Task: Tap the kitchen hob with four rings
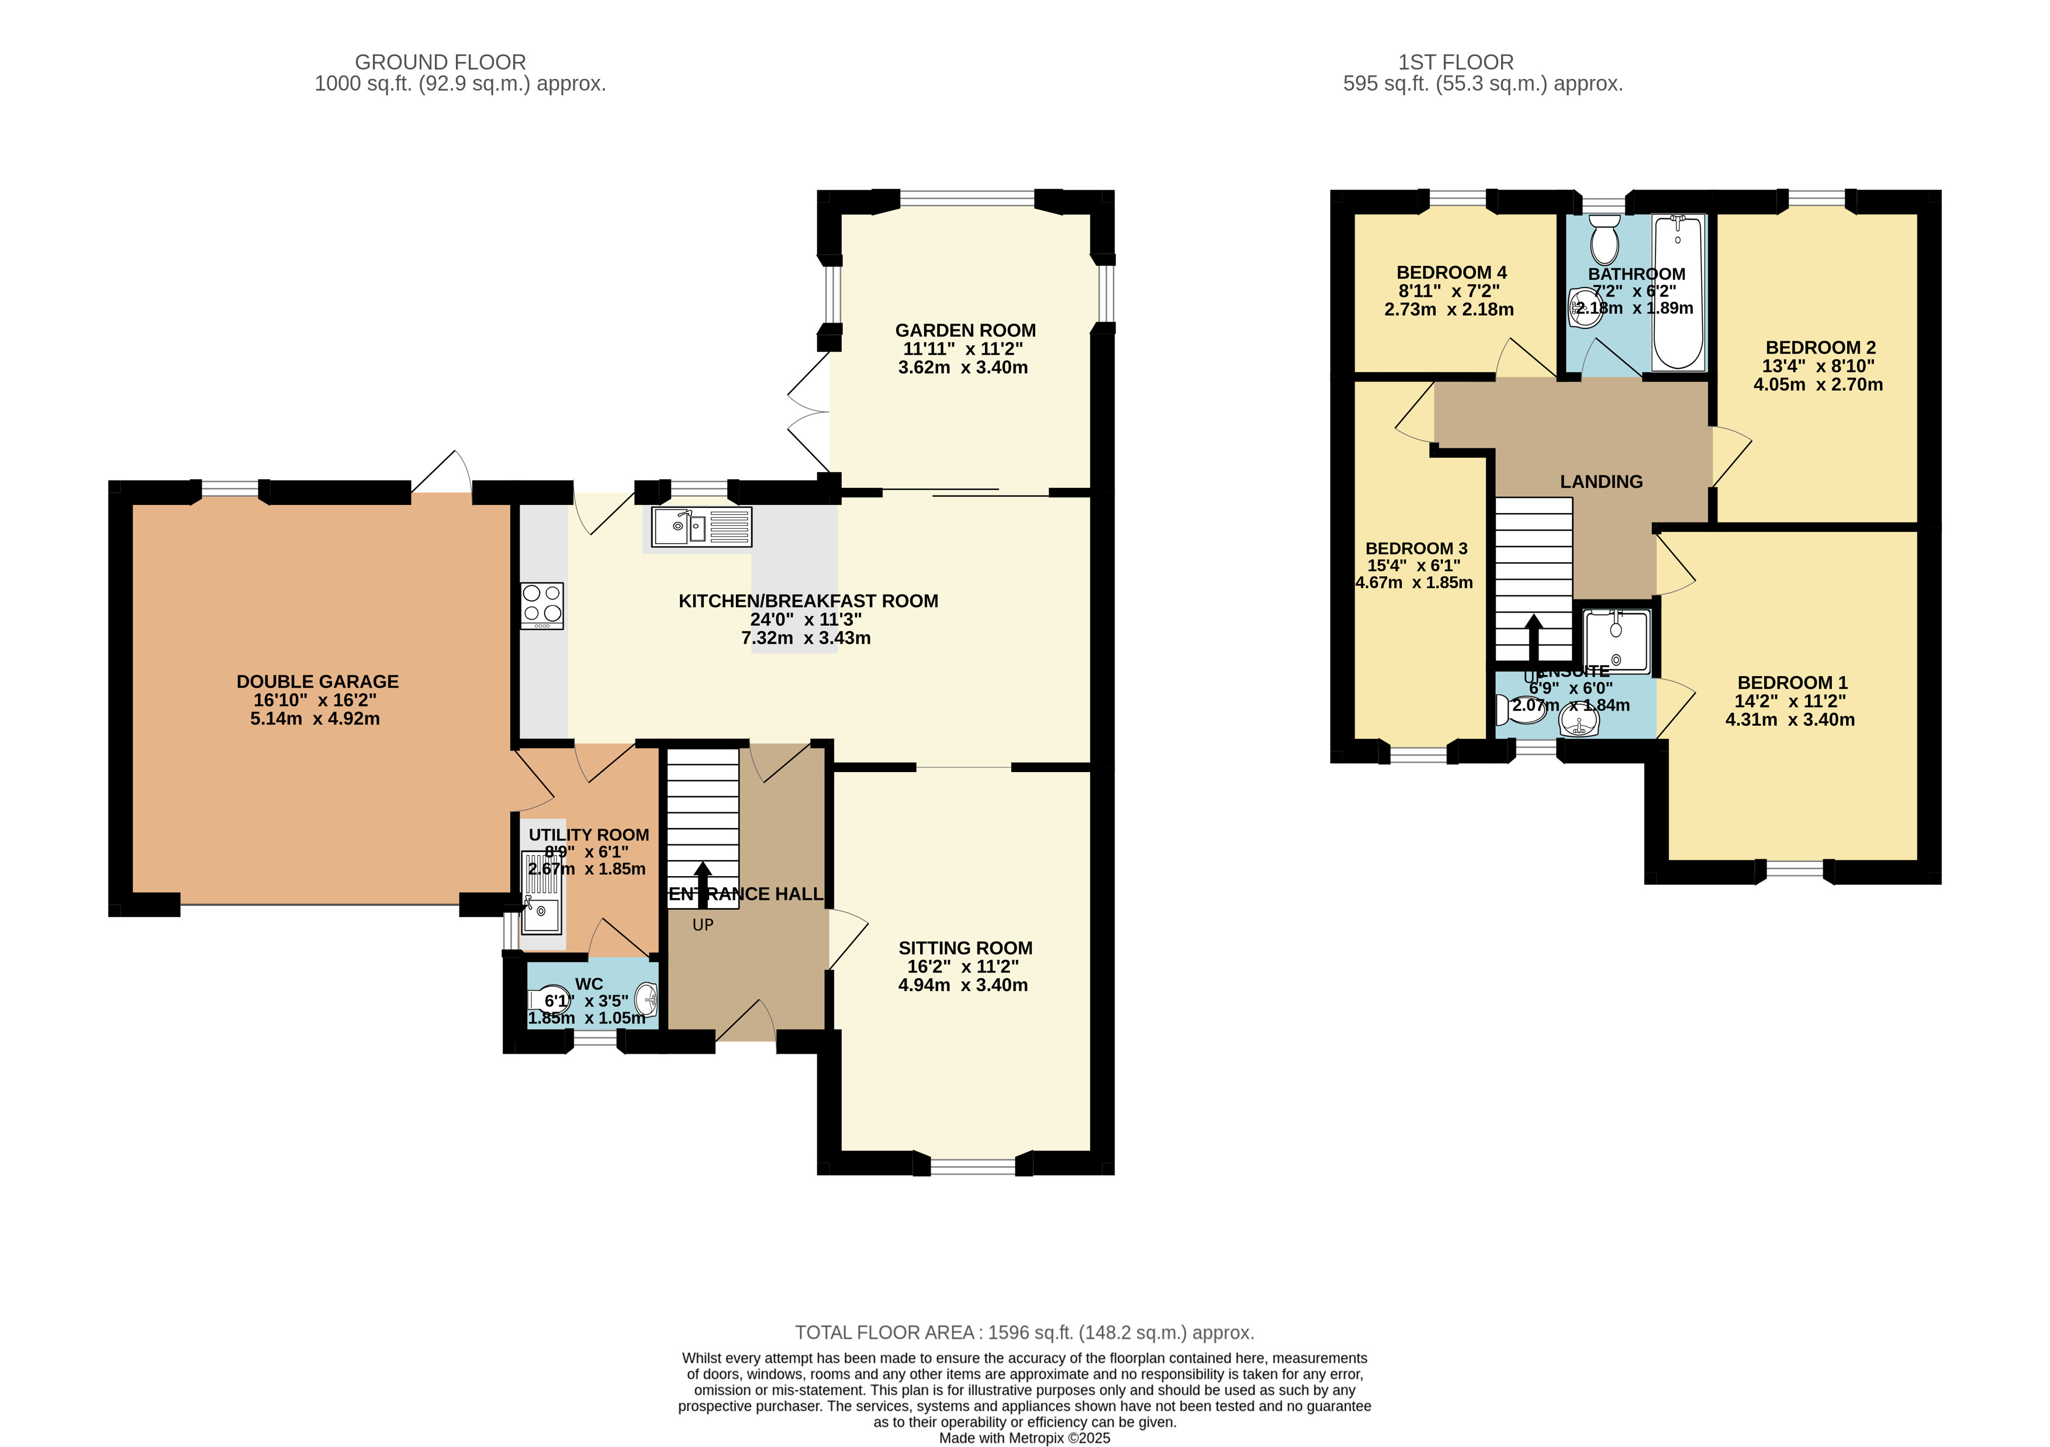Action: (542, 605)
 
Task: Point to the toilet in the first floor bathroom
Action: (1605, 237)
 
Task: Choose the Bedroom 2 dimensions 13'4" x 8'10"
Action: (1818, 366)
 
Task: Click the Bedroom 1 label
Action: (1792, 683)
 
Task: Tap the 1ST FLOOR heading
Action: (1456, 63)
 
